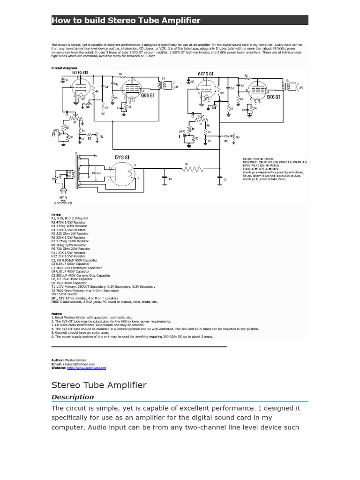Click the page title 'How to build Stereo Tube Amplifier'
tap(126, 20)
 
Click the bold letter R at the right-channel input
tap(54, 134)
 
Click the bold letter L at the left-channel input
tap(180, 136)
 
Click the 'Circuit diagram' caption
tap(64, 68)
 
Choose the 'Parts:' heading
tap(56, 215)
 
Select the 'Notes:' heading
tap(57, 314)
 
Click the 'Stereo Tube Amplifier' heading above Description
tap(98, 385)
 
